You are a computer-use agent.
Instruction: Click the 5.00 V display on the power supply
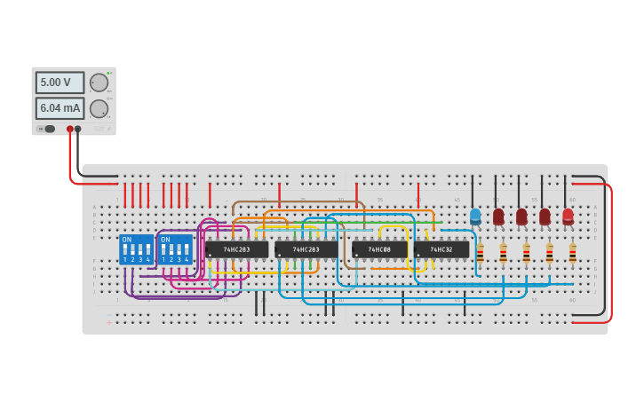(60, 83)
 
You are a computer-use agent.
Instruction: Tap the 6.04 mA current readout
(60, 108)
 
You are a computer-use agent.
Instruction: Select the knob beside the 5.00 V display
(99, 83)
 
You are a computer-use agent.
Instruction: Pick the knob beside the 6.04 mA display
(99, 108)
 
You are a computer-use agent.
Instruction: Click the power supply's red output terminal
(70, 129)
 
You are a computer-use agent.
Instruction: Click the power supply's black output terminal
(78, 129)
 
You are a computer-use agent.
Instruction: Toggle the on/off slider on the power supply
(48, 129)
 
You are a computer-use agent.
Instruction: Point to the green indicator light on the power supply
(108, 73)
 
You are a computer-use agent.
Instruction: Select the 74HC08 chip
(379, 249)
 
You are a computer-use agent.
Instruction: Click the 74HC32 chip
(441, 249)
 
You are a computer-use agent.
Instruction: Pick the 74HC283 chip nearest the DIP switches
(236, 249)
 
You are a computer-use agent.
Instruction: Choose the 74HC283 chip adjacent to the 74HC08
(306, 249)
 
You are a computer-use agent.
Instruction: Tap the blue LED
(475, 215)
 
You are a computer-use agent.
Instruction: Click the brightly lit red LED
(568, 215)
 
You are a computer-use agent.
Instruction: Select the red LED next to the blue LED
(498, 215)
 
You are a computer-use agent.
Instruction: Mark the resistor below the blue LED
(480, 253)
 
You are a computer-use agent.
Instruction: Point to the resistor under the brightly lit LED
(572, 253)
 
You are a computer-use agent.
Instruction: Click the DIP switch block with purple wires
(136, 249)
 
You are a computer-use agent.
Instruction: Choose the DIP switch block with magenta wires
(175, 249)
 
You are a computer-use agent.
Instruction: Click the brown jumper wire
(298, 202)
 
